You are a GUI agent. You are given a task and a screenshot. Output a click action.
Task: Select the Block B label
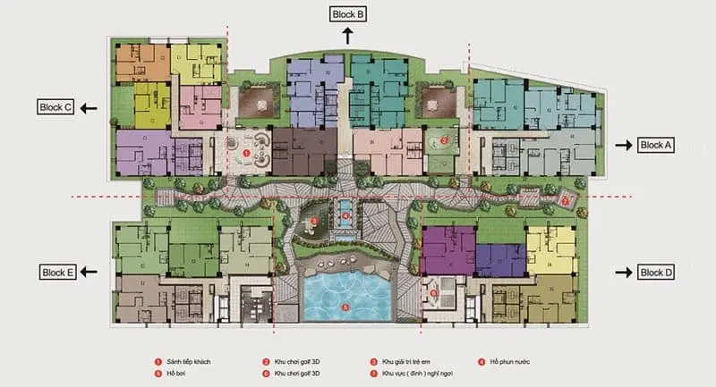347,14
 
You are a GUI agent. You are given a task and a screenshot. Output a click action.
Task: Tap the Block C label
55,107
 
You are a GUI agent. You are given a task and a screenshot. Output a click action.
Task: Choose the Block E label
56,272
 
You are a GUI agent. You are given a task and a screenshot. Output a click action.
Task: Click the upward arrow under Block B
347,35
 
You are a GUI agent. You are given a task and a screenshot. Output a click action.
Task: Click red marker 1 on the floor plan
246,153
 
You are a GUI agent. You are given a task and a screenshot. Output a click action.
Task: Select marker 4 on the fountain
345,215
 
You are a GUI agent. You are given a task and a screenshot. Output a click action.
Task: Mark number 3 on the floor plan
314,221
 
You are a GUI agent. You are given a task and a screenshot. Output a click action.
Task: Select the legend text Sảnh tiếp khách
187,361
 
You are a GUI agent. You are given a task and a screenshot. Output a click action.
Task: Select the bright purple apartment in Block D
445,249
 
